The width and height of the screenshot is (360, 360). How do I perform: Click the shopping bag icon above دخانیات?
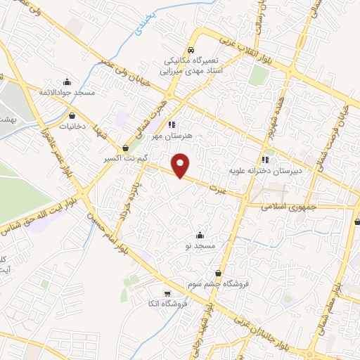click(x=73, y=117)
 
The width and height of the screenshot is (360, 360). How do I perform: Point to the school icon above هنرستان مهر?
click(x=172, y=124)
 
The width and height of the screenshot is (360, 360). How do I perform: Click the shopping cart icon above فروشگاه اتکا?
click(x=167, y=294)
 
